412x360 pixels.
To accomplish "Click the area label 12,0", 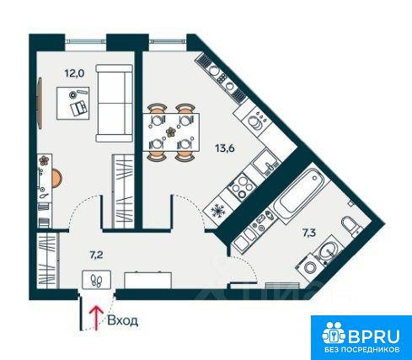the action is (x=74, y=73).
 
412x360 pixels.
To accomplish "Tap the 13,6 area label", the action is (x=225, y=148).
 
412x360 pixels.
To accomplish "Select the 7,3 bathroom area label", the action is (x=309, y=233).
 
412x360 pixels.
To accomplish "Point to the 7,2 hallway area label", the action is (x=96, y=255).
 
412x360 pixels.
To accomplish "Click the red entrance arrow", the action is (x=96, y=318).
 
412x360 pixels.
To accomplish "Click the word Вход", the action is (x=123, y=320).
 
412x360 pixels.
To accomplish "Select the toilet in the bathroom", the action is (x=351, y=226).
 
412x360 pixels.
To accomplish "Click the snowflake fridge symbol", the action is (x=217, y=210).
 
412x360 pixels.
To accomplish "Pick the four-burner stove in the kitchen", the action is (x=241, y=185).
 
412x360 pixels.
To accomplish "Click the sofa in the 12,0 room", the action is (x=114, y=103).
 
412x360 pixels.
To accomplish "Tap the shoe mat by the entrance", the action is (x=97, y=280).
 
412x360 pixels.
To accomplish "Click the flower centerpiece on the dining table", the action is (x=170, y=132).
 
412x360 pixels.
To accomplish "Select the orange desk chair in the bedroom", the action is (x=57, y=179).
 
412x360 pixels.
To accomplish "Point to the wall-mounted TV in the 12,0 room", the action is (x=40, y=103).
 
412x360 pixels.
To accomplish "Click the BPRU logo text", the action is (x=374, y=336).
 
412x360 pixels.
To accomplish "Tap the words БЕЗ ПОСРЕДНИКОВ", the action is (x=362, y=350).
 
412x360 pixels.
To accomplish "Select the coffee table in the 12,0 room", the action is (x=73, y=104).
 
